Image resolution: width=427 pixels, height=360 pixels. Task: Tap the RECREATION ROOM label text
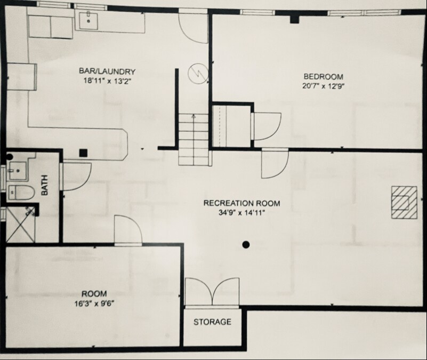pos(241,203)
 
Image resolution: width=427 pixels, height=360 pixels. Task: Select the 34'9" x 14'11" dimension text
pos(241,212)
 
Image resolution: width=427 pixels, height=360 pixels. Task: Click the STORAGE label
pos(212,322)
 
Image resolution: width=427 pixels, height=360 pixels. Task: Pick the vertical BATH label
pos(45,186)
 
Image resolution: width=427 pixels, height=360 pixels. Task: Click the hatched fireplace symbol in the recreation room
pos(404,202)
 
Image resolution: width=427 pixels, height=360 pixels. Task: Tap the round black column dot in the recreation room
pos(245,245)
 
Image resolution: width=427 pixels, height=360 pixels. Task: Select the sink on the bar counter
pos(87,20)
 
